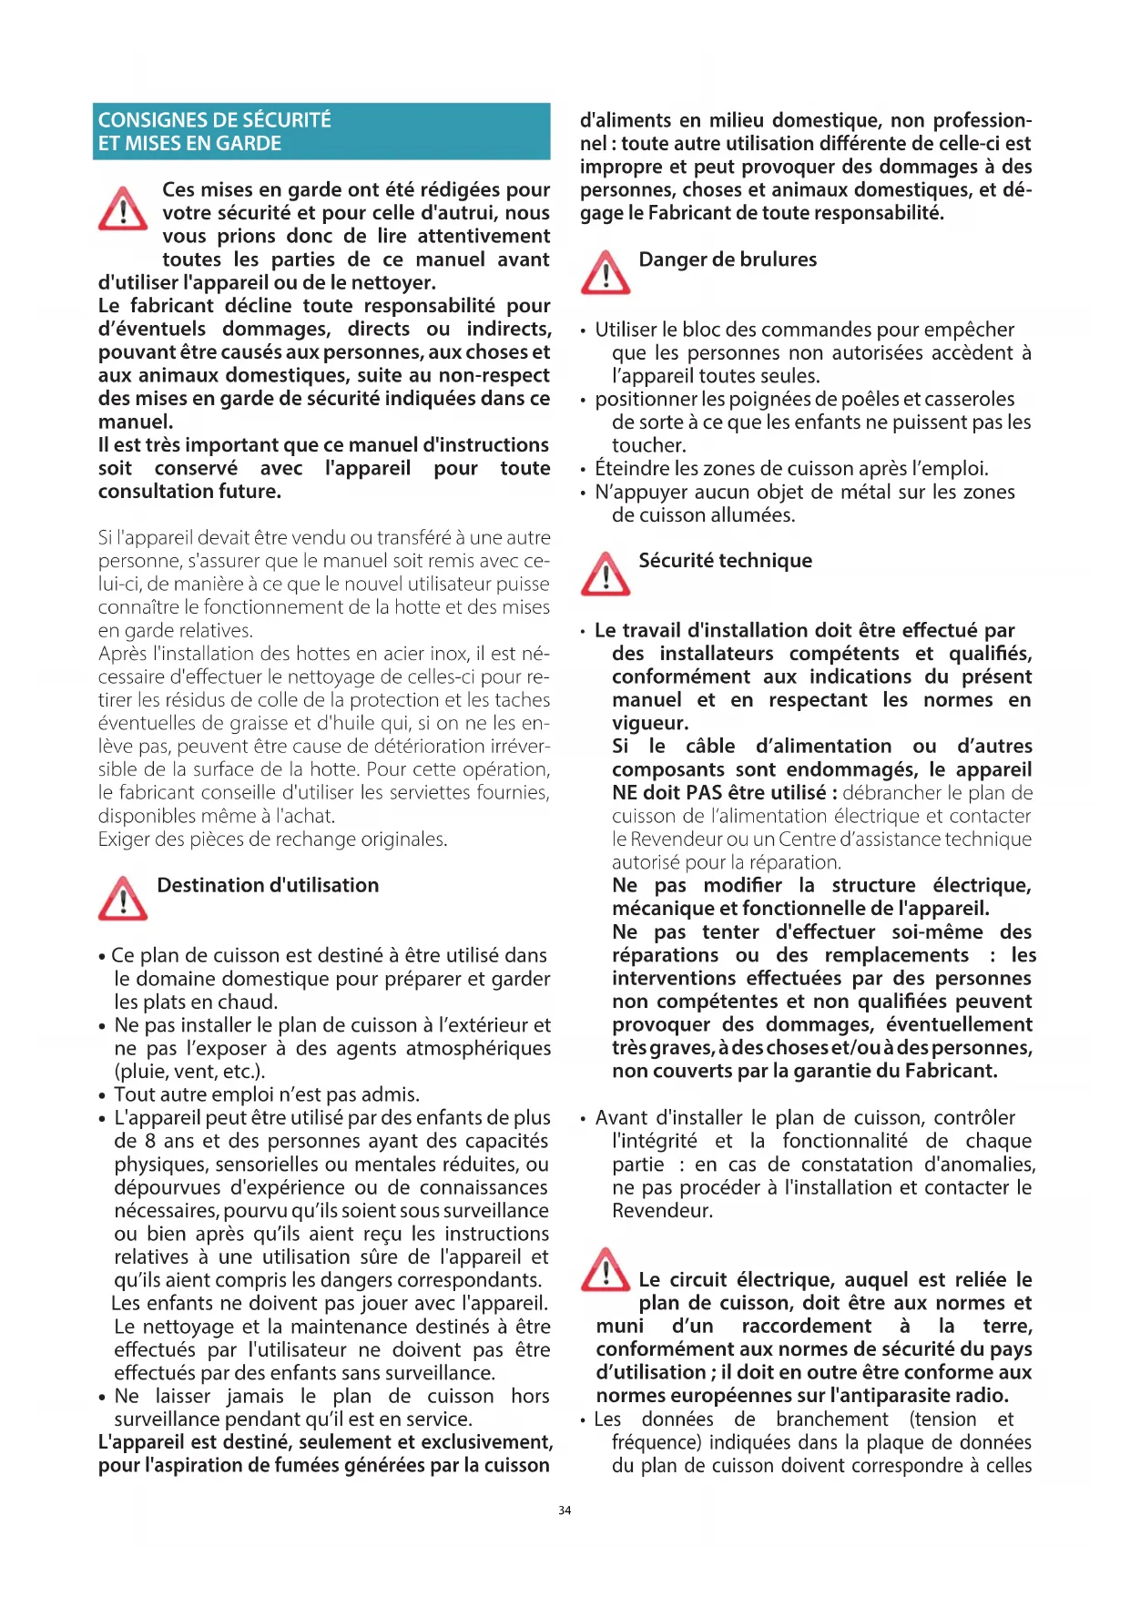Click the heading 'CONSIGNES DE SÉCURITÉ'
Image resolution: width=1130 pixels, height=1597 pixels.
215,120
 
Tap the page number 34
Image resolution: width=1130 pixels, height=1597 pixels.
565,1511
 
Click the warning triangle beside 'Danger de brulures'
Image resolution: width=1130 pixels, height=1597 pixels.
606,272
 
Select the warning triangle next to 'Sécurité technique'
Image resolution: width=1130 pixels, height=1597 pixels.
606,574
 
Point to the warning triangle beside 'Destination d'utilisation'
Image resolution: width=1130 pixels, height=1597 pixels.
123,899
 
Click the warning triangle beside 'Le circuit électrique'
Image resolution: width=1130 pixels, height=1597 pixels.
606,1270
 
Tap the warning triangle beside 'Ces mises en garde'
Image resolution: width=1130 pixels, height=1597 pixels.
123,209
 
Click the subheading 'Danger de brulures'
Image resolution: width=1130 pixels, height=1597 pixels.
728,259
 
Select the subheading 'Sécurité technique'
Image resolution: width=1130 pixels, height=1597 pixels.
725,561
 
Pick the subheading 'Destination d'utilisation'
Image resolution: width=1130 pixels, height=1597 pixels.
268,885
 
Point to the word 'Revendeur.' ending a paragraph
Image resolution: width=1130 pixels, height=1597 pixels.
662,1211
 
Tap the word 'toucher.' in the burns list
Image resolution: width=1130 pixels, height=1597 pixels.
648,445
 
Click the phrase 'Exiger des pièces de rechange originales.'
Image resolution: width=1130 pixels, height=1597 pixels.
272,839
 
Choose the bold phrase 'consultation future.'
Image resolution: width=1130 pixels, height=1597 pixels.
189,492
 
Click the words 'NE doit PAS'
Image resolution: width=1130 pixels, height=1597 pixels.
670,793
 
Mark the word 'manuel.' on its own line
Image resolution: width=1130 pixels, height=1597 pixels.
136,422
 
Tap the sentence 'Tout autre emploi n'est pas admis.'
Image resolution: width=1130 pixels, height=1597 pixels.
267,1094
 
